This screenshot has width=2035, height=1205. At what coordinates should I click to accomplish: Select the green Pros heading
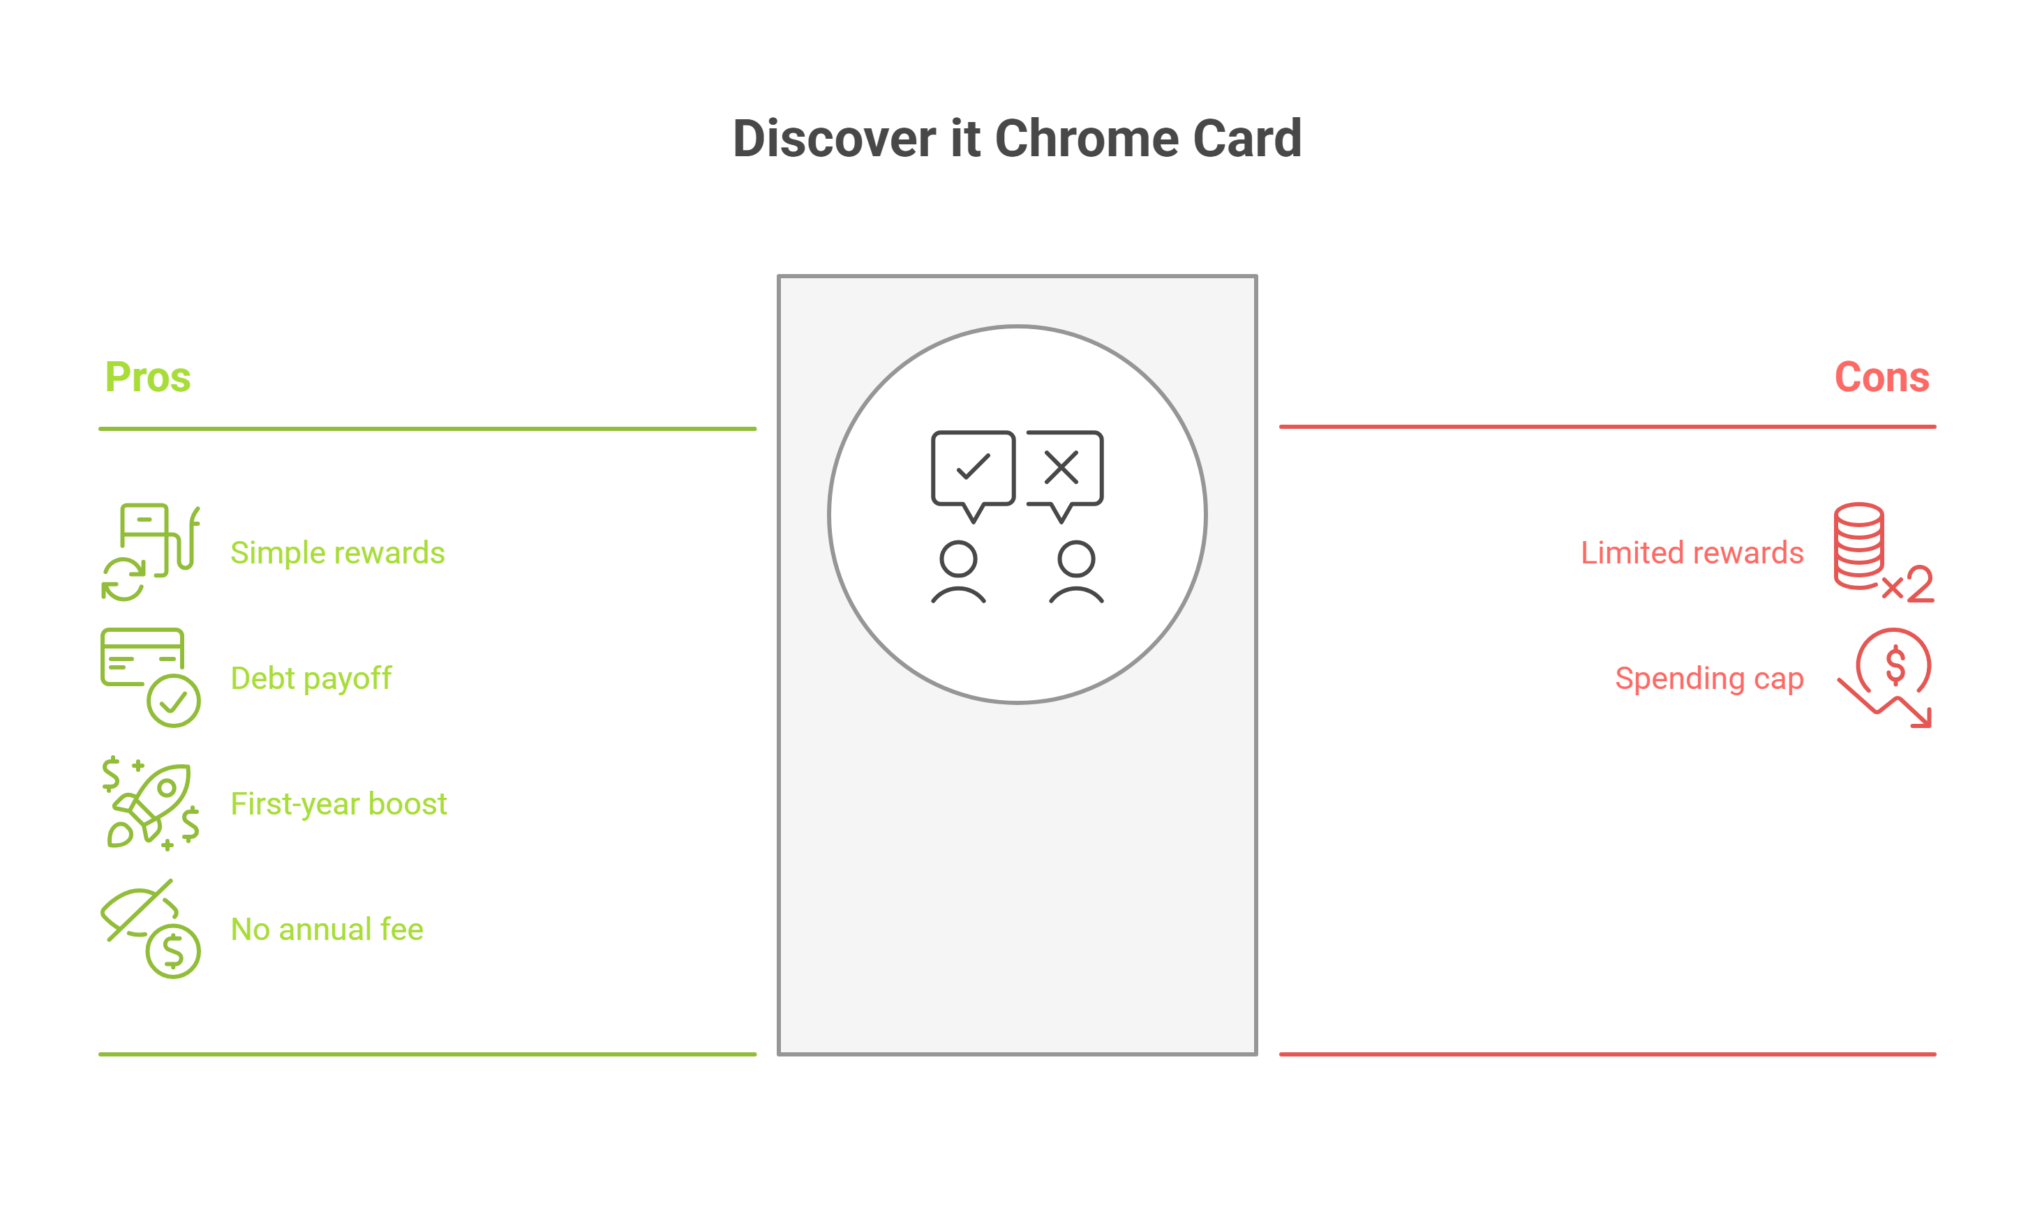[148, 377]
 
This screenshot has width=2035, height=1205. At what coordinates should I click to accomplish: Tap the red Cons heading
[1881, 377]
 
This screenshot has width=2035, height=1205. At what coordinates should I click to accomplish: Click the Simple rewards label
[337, 553]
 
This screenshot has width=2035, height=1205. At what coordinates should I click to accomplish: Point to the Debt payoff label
[311, 678]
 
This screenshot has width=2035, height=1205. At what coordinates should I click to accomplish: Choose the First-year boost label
[338, 804]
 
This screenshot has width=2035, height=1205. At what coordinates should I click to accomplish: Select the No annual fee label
[327, 929]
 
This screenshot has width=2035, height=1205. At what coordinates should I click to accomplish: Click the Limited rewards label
[1692, 553]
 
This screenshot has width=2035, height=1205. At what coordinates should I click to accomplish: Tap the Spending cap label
[1708, 678]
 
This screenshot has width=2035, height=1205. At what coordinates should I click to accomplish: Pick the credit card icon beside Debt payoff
[143, 657]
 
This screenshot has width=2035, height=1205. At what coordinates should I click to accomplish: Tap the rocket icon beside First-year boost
[154, 800]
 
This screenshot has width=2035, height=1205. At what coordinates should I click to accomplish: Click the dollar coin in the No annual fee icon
[173, 951]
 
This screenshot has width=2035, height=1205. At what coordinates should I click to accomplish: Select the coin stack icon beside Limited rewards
[1858, 545]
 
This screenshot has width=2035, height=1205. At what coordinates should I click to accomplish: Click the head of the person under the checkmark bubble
[959, 559]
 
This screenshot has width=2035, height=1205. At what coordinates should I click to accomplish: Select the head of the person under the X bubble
[1076, 559]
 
